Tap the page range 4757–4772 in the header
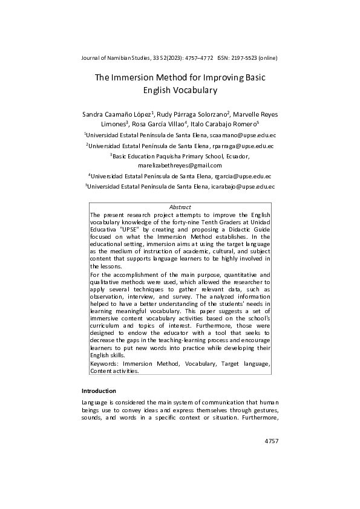point(194,58)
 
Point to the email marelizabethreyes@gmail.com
point(180,165)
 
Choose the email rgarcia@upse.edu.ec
point(243,177)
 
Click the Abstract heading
point(180,207)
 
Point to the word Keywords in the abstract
point(103,365)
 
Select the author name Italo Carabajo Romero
point(223,123)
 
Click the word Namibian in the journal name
point(120,58)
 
